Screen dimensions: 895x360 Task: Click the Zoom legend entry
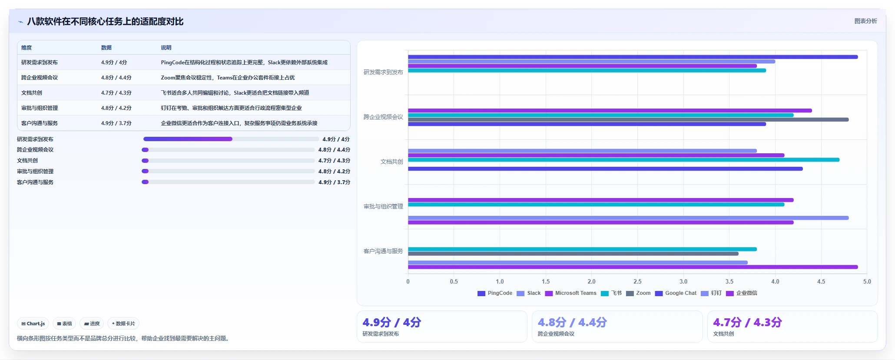click(x=638, y=293)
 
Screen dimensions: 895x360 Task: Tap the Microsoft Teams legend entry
click(x=571, y=293)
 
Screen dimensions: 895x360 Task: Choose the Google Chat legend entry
click(x=676, y=293)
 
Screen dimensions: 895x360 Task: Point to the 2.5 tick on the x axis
click(x=637, y=281)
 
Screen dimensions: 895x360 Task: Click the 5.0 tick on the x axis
click(x=867, y=281)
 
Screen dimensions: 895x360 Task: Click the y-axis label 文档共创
click(x=392, y=162)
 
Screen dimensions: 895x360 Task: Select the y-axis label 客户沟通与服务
click(x=383, y=251)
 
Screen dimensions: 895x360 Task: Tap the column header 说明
click(x=166, y=48)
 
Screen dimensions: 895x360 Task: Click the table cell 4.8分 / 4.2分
click(x=116, y=108)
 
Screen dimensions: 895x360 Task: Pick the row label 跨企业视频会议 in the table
click(x=40, y=78)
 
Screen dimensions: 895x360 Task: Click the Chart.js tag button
click(x=33, y=324)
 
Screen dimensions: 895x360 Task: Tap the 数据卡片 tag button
click(x=123, y=324)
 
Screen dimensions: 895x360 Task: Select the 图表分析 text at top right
click(x=865, y=21)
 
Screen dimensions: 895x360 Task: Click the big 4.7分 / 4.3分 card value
click(x=747, y=322)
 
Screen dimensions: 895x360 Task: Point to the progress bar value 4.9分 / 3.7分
click(x=334, y=182)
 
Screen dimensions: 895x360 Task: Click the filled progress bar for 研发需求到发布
click(x=188, y=139)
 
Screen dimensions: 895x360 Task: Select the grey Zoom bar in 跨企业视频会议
click(x=628, y=119)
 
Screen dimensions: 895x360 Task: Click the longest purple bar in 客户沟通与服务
click(x=633, y=267)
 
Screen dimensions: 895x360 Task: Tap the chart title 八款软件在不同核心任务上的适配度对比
click(x=105, y=21)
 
